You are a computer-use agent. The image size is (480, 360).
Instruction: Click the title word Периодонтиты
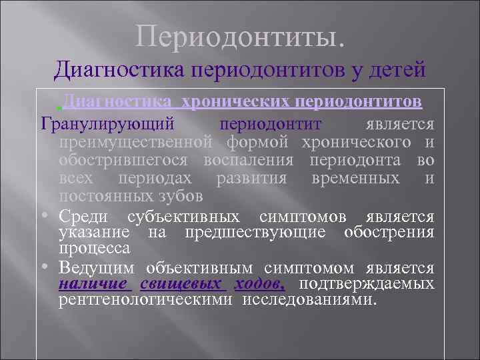[240, 36]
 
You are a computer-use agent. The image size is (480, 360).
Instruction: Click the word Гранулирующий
[108, 125]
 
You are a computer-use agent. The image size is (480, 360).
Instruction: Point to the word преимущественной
[135, 143]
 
